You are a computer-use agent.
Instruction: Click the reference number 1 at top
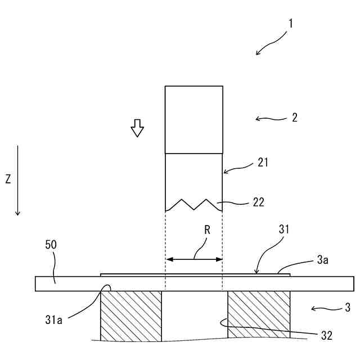[290, 24]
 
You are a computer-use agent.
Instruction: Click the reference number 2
[295, 118]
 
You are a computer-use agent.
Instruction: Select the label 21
[263, 163]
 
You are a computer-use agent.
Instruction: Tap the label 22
[259, 201]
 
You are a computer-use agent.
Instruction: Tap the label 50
[51, 245]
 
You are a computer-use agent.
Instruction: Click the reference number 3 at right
[348, 308]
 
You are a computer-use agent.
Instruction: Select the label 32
[327, 336]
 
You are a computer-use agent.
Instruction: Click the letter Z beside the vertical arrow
[8, 179]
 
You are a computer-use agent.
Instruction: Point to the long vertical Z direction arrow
[18, 180]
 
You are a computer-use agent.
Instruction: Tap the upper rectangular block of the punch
[194, 119]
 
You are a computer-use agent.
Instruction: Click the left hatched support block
[130, 316]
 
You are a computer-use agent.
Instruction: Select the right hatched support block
[259, 316]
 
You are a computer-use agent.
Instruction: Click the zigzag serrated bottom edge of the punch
[194, 204]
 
